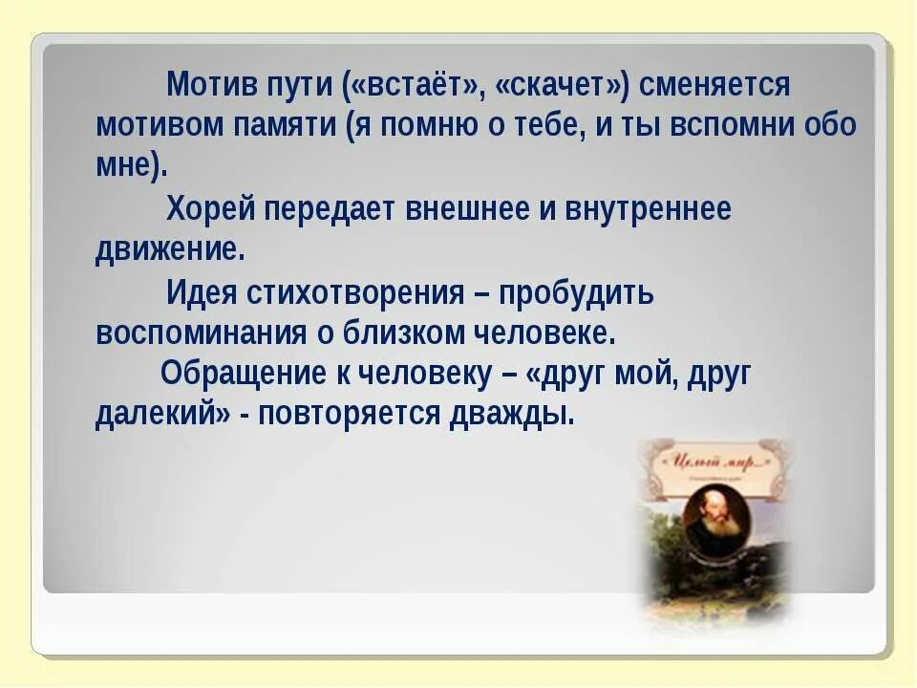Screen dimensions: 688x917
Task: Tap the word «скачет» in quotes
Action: pos(561,85)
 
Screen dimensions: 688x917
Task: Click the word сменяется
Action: pos(714,85)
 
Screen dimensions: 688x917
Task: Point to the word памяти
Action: pos(290,125)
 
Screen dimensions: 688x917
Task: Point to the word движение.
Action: pos(170,249)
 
